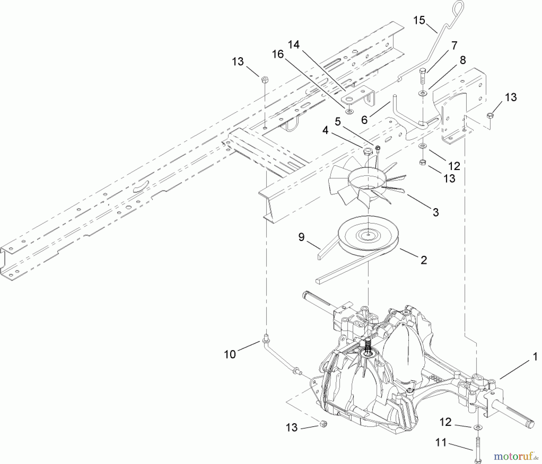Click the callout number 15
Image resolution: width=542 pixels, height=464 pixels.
coord(419,20)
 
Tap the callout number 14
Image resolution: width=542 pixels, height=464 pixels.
coord(294,45)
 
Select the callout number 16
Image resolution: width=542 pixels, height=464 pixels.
coord(278,54)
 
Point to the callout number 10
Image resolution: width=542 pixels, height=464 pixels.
coord(230,354)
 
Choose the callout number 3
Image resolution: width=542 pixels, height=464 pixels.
coord(436,212)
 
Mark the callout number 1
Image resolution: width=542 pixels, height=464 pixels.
coord(535,357)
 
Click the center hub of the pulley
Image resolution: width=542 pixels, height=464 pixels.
coord(368,234)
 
